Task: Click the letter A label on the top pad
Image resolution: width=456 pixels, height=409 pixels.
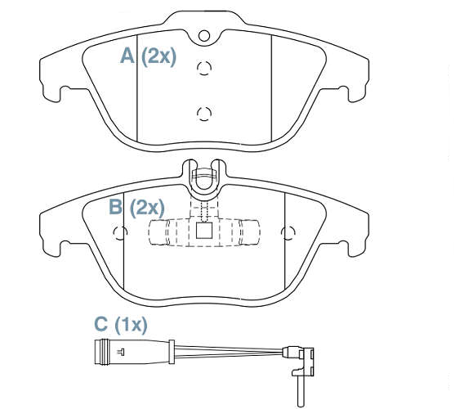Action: click(x=127, y=56)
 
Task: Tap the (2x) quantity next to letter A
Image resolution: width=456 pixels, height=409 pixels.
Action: click(x=159, y=56)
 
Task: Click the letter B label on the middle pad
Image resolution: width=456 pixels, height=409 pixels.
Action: click(x=116, y=207)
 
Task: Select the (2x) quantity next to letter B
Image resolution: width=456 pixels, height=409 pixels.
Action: click(x=147, y=208)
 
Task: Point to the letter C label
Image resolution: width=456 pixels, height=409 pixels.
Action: click(x=101, y=324)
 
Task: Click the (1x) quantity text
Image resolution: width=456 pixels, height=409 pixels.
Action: click(x=131, y=325)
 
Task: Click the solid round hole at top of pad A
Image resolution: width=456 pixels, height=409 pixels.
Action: click(x=204, y=35)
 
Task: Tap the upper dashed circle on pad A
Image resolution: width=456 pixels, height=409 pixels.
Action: click(x=204, y=68)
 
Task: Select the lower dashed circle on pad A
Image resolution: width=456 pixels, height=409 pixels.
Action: click(x=204, y=114)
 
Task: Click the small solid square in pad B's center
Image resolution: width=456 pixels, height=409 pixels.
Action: click(x=203, y=231)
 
